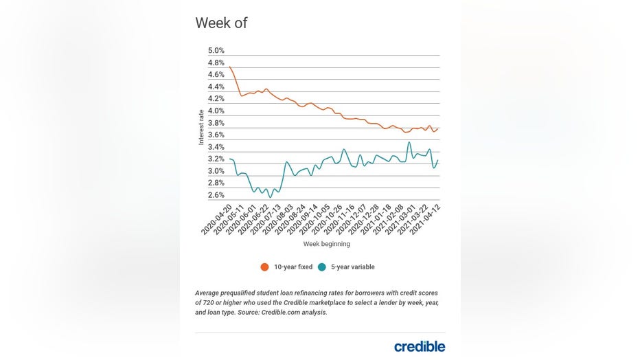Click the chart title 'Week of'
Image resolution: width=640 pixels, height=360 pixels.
click(x=221, y=23)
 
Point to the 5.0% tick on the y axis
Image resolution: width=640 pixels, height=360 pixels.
click(x=216, y=51)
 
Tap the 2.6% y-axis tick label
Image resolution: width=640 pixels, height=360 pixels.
click(x=216, y=195)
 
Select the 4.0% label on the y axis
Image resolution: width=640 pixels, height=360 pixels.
click(x=216, y=111)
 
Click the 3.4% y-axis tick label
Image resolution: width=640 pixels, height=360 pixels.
click(x=216, y=147)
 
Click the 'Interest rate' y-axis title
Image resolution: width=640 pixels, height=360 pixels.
click(x=201, y=126)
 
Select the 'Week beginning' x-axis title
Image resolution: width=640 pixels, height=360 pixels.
click(x=326, y=244)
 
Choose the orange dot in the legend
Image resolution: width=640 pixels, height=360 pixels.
click(x=264, y=267)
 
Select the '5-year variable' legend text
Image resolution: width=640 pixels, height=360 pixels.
click(x=352, y=267)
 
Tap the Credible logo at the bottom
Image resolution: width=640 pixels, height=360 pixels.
click(x=419, y=346)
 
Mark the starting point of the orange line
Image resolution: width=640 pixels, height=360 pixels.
click(x=229, y=67)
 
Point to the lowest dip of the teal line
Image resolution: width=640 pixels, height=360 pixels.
click(x=270, y=198)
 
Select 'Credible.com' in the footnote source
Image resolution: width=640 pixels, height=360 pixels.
click(x=281, y=312)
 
